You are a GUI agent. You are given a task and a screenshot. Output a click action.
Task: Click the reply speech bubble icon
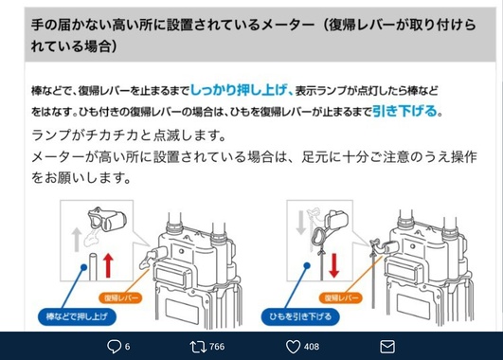click(x=114, y=347)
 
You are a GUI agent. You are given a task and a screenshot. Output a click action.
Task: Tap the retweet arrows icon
click(x=198, y=347)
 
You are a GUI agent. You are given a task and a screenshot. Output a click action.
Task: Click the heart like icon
click(x=293, y=347)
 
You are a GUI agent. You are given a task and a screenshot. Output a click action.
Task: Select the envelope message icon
click(x=387, y=347)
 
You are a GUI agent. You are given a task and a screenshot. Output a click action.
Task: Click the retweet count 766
click(x=217, y=347)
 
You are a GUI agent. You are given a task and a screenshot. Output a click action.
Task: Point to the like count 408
click(x=312, y=347)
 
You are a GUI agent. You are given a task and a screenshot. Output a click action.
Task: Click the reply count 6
click(x=127, y=347)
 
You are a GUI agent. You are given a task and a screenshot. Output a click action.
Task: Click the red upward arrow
click(x=108, y=265)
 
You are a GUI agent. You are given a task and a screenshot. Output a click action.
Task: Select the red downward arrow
click(x=334, y=265)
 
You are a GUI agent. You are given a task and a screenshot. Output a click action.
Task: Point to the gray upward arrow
click(x=77, y=240)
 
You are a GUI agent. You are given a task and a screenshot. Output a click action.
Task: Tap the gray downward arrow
click(x=300, y=223)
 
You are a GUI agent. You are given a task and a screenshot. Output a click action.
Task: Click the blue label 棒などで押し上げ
click(x=77, y=316)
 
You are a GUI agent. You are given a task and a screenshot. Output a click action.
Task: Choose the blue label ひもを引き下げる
click(x=300, y=316)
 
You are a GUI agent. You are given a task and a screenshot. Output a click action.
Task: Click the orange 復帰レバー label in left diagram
click(x=120, y=298)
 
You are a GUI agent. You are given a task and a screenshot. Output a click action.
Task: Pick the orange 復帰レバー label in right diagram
click(x=341, y=298)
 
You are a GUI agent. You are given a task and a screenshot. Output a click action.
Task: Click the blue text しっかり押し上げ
click(x=239, y=90)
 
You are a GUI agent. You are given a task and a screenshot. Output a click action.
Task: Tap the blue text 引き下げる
click(x=405, y=111)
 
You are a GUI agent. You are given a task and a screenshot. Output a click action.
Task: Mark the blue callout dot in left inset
click(x=84, y=267)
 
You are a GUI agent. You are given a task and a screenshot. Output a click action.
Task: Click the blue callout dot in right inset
click(x=307, y=265)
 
